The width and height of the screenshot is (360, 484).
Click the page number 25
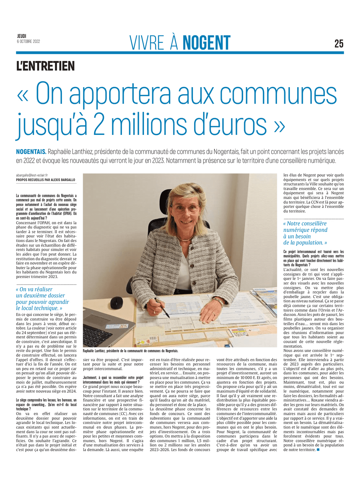click(339, 43)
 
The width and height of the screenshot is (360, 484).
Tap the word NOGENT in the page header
click(207, 43)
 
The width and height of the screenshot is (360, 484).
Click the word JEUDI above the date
click(21, 36)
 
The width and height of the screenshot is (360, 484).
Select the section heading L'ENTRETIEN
click(45, 66)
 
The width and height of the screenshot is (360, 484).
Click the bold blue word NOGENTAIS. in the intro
click(31, 152)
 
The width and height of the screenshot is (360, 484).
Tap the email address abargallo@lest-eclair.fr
click(32, 175)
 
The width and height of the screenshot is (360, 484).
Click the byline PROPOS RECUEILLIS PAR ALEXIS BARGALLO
click(45, 180)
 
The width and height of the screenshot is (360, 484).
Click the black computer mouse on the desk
click(117, 303)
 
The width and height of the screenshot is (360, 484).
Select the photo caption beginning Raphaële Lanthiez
click(130, 351)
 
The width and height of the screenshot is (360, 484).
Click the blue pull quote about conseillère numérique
click(305, 233)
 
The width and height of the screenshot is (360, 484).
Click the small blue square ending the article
click(318, 450)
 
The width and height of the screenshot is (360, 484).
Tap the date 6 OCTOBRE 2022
click(28, 41)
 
